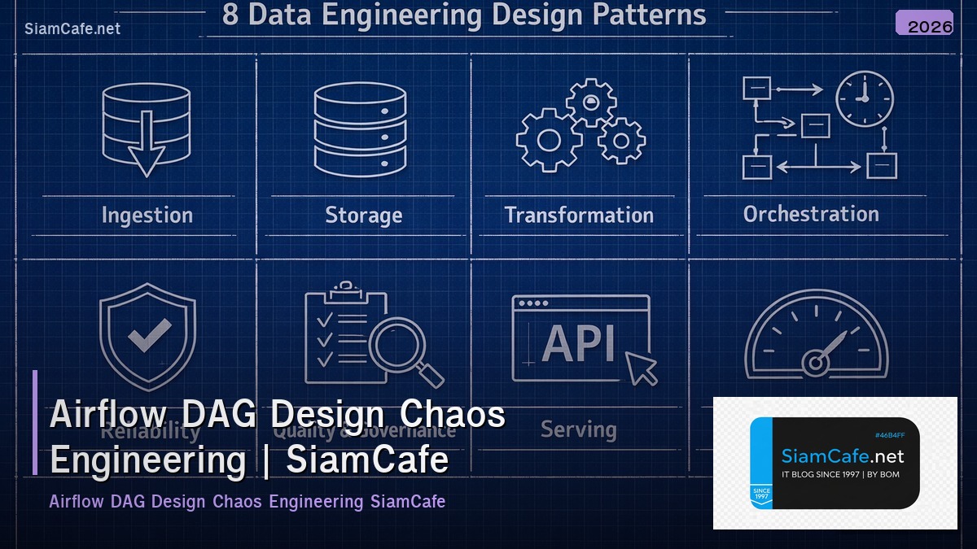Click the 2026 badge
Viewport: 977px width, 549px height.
tap(924, 24)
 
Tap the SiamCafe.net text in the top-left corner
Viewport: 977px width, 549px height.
tap(72, 28)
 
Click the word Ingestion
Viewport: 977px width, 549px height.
tap(147, 216)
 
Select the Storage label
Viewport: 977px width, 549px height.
tap(364, 216)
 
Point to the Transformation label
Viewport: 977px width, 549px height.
tap(579, 216)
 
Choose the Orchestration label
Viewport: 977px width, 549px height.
tap(811, 214)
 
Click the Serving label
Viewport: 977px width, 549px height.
tap(579, 429)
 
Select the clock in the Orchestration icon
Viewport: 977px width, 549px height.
tap(864, 98)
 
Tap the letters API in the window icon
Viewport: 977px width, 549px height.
tap(579, 343)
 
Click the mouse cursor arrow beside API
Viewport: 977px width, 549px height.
tap(641, 367)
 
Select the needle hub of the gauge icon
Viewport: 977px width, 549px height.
tap(814, 362)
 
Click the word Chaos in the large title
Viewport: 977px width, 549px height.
tap(455, 415)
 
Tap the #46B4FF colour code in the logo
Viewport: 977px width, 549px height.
tap(889, 435)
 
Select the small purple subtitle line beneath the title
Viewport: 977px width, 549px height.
tap(247, 501)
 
